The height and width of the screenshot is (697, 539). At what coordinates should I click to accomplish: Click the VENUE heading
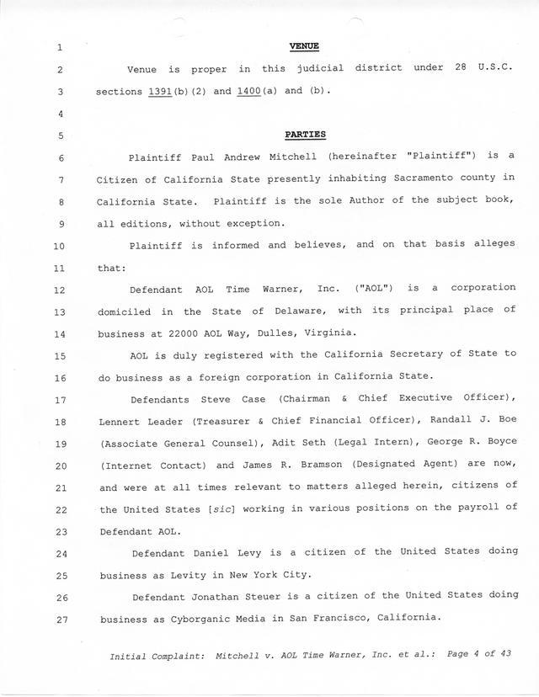tap(303, 46)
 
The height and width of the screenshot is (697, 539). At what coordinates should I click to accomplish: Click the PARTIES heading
tap(306, 134)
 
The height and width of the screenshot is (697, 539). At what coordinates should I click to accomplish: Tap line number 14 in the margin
tap(58, 333)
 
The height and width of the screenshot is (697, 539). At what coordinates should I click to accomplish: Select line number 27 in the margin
tap(58, 618)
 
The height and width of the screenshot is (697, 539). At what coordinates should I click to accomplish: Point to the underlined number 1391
tap(160, 90)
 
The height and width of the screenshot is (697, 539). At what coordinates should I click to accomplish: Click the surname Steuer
tap(269, 596)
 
